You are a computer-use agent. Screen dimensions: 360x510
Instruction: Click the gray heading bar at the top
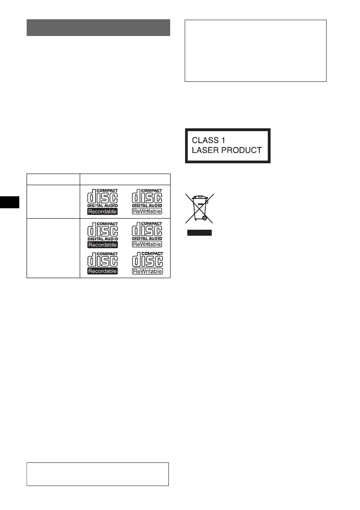pyautogui.click(x=98, y=27)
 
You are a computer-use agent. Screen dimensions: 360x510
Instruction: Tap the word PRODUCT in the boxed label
pyautogui.click(x=246, y=150)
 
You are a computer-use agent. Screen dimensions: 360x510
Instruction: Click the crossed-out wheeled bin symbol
pyautogui.click(x=199, y=208)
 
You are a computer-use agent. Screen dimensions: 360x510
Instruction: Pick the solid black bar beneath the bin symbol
pyautogui.click(x=199, y=233)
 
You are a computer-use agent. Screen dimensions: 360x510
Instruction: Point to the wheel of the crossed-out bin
pyautogui.click(x=204, y=218)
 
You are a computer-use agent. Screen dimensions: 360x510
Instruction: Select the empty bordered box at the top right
pyautogui.click(x=255, y=51)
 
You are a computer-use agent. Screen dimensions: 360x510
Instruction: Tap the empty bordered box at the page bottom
pyautogui.click(x=98, y=474)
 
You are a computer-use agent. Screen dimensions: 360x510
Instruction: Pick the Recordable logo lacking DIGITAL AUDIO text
pyautogui.click(x=102, y=263)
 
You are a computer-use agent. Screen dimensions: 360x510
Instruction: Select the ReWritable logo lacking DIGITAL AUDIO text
pyautogui.click(x=147, y=263)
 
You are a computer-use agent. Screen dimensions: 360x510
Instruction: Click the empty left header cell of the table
pyautogui.click(x=53, y=179)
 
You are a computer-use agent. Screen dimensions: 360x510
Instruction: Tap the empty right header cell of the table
pyautogui.click(x=125, y=179)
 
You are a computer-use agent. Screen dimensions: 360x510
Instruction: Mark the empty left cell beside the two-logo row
pyautogui.click(x=53, y=201)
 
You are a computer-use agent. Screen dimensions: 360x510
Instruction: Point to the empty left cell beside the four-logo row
pyautogui.click(x=53, y=248)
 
